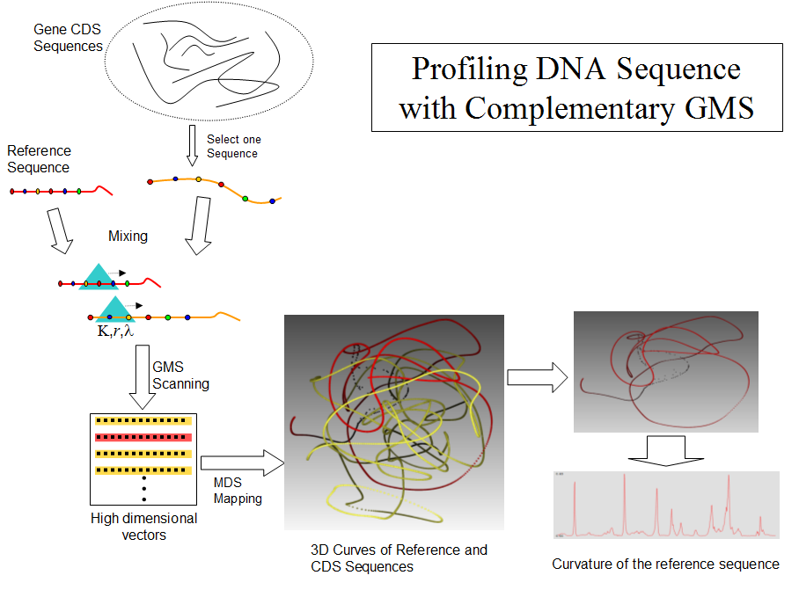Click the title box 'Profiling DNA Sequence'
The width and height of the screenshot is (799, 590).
point(576,88)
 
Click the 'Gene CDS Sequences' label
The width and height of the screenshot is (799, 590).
point(68,38)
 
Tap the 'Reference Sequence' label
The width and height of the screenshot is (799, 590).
point(39,159)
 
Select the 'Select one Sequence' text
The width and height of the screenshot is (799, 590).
point(233,146)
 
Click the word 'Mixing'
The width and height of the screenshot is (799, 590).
point(128,236)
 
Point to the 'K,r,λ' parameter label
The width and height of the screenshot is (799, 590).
point(114,331)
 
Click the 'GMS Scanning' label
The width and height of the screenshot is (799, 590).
point(180,375)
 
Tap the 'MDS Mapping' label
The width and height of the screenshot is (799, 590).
point(238,491)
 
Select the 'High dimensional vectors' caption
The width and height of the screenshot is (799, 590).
point(143,526)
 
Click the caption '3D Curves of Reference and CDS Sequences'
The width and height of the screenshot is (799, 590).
point(399,558)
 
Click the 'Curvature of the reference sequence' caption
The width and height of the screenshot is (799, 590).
point(665,564)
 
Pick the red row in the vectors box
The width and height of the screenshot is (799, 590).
point(143,437)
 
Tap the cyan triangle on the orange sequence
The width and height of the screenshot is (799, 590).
point(114,309)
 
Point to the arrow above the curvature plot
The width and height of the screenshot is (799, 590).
point(665,451)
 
